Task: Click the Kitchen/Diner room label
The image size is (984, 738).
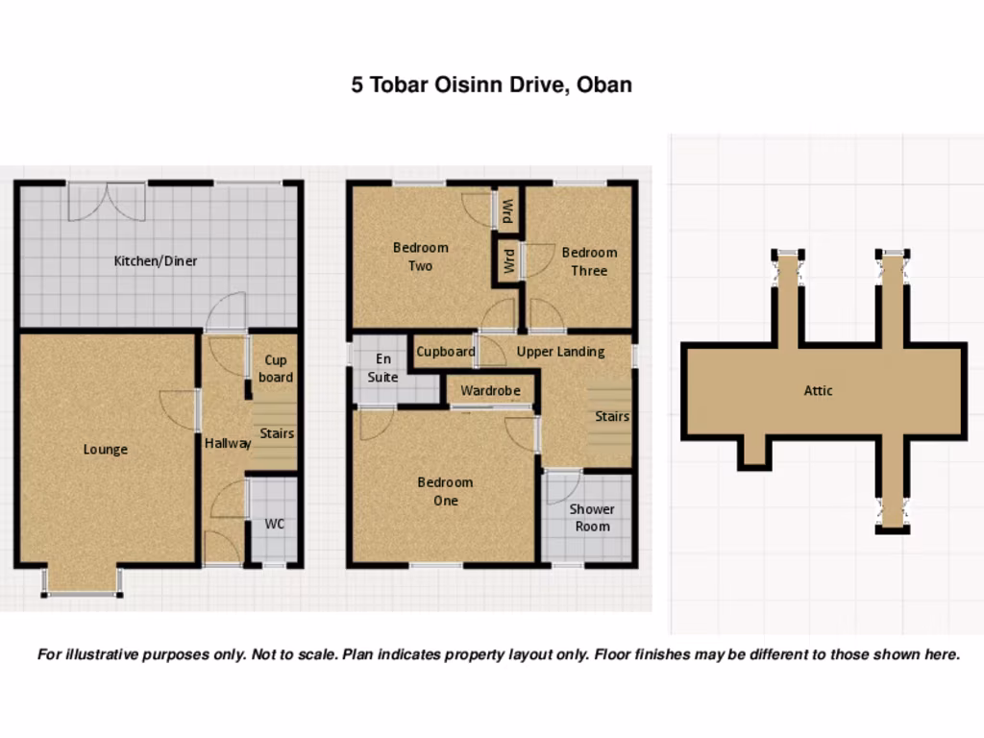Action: [x=156, y=260]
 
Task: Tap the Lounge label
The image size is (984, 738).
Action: [x=105, y=449]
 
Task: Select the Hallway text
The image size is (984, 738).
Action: [x=228, y=443]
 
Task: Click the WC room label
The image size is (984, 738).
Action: [x=275, y=524]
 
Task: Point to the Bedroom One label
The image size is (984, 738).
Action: [x=445, y=491]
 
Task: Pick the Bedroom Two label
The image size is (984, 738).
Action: [x=420, y=257]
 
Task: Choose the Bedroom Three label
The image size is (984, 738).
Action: [x=589, y=261]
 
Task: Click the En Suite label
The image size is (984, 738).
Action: [x=382, y=368]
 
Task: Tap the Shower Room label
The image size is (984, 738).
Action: [x=591, y=517]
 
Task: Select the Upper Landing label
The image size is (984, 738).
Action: [x=560, y=352]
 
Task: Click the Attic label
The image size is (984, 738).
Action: [x=818, y=390]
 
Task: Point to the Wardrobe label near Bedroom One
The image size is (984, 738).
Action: [x=490, y=391]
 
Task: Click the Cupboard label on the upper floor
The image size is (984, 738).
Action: [x=445, y=352]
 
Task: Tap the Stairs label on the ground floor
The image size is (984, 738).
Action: [x=277, y=433]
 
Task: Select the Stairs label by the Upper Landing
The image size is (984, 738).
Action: [x=611, y=416]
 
